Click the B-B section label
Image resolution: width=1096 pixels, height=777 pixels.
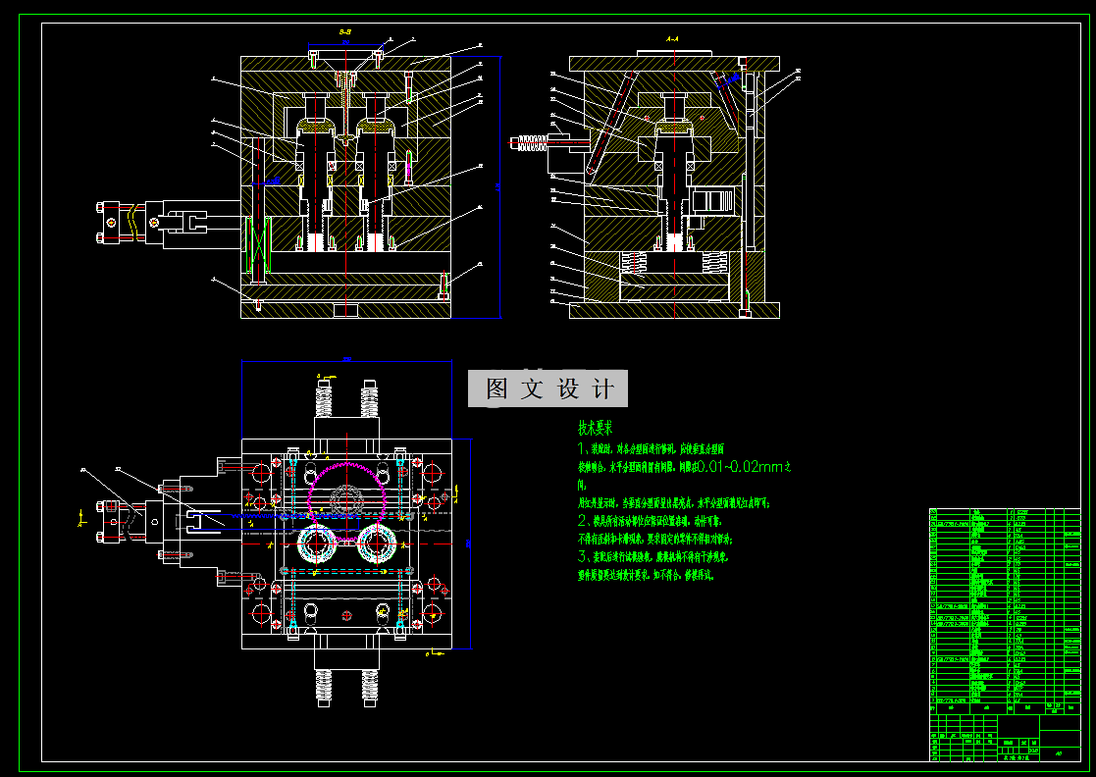[346, 32]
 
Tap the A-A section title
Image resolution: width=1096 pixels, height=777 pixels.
[672, 38]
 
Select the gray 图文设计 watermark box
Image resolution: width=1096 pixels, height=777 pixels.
[548, 389]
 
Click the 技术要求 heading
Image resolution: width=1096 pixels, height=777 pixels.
[595, 429]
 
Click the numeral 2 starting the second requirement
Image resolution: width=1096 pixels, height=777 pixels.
[582, 520]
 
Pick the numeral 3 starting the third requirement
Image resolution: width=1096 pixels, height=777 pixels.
[582, 556]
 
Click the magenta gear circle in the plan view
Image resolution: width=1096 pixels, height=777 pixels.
[343, 492]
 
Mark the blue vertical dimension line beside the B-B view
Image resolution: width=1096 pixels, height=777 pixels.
[500, 186]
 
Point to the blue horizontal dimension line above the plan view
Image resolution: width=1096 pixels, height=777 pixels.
[346, 362]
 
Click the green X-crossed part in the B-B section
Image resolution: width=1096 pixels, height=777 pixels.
[260, 245]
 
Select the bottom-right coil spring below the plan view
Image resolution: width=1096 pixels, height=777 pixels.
[370, 686]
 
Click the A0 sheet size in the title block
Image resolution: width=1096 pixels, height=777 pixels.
[1059, 753]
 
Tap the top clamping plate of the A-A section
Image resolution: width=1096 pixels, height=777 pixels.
[673, 64]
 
